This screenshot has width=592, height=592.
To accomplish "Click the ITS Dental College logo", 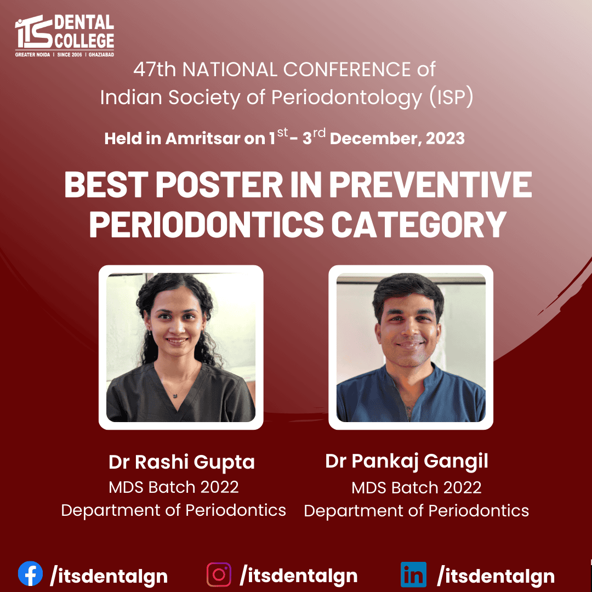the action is (65, 36).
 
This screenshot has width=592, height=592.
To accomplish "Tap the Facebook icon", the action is (30, 573).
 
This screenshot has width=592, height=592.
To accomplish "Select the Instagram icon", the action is (219, 574).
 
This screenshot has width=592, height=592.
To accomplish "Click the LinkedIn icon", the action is (413, 574).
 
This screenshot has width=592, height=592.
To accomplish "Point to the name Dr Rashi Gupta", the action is (181, 462).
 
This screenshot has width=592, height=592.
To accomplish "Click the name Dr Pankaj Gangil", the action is (407, 462).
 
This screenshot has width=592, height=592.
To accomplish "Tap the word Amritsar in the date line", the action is (203, 139).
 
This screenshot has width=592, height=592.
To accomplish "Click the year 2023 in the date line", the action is (445, 139).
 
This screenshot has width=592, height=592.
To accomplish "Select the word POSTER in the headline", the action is (219, 184).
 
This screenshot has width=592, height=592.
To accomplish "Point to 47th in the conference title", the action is (155, 70).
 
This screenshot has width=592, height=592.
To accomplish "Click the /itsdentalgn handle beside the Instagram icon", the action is (298, 576).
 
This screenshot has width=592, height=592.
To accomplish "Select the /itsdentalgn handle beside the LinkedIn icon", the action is (496, 576).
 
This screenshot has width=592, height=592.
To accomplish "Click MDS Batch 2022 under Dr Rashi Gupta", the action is (174, 487).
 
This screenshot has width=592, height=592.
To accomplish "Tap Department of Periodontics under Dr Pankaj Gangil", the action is (416, 511).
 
